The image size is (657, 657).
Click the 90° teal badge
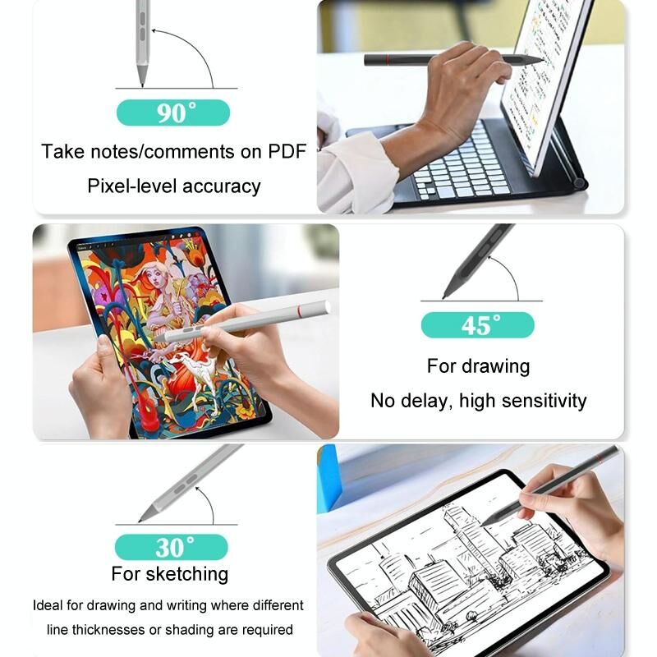pos(173,113)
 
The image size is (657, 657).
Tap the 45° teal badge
pos(478,325)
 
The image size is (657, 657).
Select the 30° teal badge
pos(172,547)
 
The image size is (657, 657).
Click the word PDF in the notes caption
pos(287,151)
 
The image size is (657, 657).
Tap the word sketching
pos(187,574)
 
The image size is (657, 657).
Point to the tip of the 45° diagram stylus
pos(444,297)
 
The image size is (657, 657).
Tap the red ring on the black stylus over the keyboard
pos(388,60)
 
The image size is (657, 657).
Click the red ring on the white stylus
pos(300,310)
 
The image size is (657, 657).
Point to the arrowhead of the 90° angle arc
pos(154,30)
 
